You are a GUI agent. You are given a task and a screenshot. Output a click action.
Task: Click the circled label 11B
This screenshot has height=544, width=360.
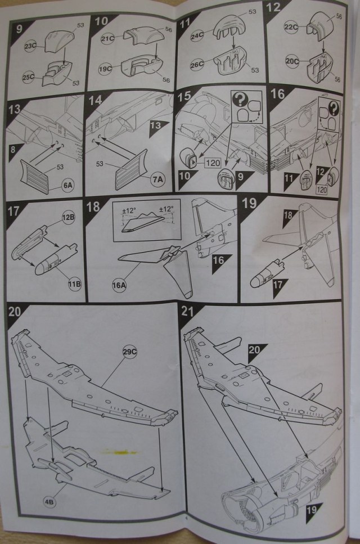[x=75, y=283]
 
